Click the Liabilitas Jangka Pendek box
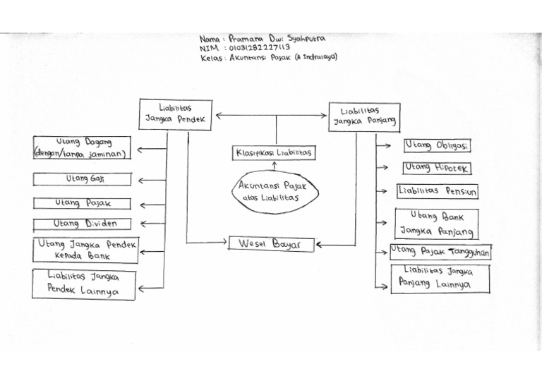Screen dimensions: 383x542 [x=176, y=114]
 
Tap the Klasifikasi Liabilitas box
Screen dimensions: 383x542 [x=275, y=152]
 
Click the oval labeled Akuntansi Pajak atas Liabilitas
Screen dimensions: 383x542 [x=275, y=191]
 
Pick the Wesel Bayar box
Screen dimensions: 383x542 [x=270, y=244]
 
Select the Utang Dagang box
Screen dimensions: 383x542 [x=82, y=147]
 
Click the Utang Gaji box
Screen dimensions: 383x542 [x=82, y=179]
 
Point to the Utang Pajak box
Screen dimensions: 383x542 [x=82, y=203]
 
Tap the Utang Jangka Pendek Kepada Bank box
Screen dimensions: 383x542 [x=85, y=250]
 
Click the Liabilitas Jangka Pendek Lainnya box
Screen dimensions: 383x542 [x=83, y=284]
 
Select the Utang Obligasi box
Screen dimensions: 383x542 [x=436, y=145]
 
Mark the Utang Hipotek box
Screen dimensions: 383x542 [x=436, y=168]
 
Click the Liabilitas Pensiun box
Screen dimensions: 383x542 [x=436, y=190]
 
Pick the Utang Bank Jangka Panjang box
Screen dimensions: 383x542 [x=436, y=224]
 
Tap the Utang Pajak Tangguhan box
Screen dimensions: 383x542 [x=440, y=251]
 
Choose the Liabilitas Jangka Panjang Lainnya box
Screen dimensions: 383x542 [x=440, y=278]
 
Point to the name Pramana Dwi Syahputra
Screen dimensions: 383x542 [x=265, y=38]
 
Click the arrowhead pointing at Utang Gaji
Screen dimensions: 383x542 [x=141, y=181]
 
